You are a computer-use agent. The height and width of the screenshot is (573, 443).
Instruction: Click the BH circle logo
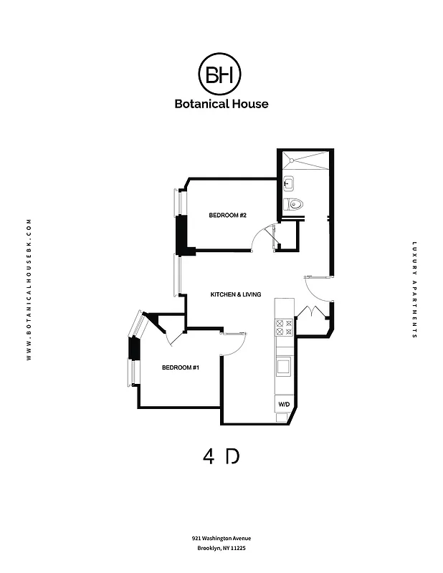[x=219, y=74]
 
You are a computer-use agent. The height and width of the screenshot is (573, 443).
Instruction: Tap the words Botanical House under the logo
[x=221, y=104]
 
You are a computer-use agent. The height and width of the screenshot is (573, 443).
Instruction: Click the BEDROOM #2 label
[x=227, y=216]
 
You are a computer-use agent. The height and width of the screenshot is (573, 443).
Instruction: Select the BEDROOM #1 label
[x=180, y=367]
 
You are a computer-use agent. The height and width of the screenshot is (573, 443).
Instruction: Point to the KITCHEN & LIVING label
[x=235, y=294]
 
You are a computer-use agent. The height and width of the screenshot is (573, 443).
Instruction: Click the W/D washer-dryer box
[x=284, y=405]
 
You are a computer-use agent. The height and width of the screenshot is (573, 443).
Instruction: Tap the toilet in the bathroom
[x=293, y=205]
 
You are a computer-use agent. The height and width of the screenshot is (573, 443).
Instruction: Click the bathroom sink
[x=288, y=183]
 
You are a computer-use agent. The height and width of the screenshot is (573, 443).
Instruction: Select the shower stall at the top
[x=305, y=160]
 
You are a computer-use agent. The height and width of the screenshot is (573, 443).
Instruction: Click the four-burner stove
[x=284, y=327]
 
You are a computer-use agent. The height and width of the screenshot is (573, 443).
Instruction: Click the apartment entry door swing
[x=317, y=289]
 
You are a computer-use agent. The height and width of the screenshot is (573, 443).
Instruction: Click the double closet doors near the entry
[x=313, y=315]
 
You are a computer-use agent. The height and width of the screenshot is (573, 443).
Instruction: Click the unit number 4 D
[x=221, y=456]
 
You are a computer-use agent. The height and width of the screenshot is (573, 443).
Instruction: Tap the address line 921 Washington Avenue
[x=221, y=538]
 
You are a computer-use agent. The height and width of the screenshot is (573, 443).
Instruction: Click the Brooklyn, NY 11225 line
[x=221, y=549]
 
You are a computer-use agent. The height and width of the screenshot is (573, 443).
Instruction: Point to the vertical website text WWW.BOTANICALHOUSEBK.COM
[x=29, y=289]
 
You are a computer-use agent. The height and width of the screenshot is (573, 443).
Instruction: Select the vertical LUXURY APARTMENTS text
[x=414, y=289]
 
